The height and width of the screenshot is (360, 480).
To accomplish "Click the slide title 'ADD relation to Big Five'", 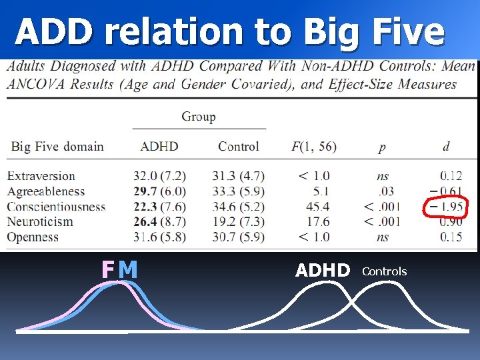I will click(x=230, y=31).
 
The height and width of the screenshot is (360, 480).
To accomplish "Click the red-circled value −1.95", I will click(x=446, y=207).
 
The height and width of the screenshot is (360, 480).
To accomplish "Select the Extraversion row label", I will click(x=41, y=176).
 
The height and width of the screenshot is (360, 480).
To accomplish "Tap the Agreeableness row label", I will click(x=47, y=191).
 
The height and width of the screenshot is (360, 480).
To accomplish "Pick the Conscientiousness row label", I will click(x=57, y=207).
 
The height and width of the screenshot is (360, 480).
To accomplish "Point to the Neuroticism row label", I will click(x=40, y=221).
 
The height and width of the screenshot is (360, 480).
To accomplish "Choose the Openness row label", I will click(x=35, y=237).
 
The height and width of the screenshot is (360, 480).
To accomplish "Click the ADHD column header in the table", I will click(x=159, y=146).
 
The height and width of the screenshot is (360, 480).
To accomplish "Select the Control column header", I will click(x=238, y=146).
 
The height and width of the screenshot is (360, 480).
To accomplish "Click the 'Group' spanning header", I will click(x=199, y=117).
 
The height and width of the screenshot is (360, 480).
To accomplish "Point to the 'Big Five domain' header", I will click(x=57, y=146).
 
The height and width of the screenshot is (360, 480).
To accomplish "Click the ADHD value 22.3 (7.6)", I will click(x=159, y=207).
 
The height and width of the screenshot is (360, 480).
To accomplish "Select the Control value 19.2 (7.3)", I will click(x=238, y=221).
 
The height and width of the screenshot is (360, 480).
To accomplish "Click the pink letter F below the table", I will click(x=108, y=269).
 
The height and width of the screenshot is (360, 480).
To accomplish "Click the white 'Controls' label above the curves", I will click(x=384, y=271).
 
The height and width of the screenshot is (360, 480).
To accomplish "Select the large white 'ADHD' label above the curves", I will click(x=323, y=270).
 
